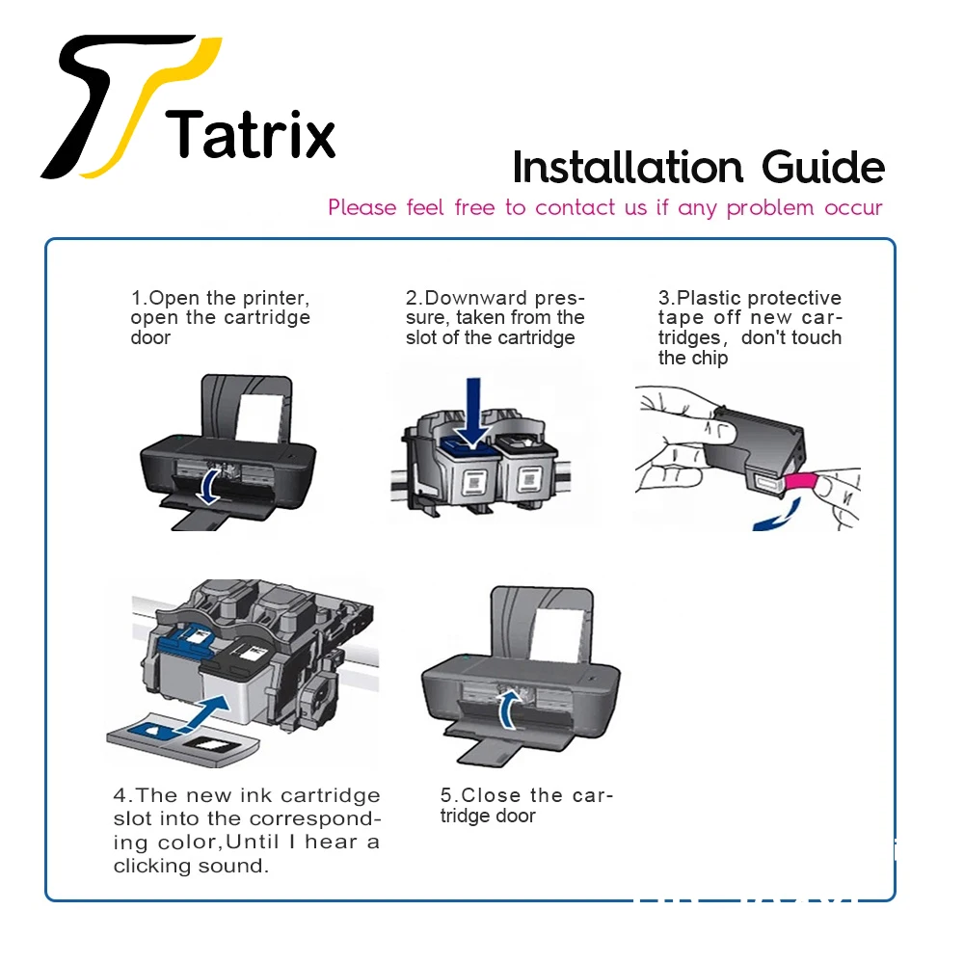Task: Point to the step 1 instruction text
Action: (x=221, y=317)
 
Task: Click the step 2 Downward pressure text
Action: (x=495, y=317)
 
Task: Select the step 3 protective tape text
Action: (x=749, y=328)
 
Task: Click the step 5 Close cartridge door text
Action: (x=526, y=805)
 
